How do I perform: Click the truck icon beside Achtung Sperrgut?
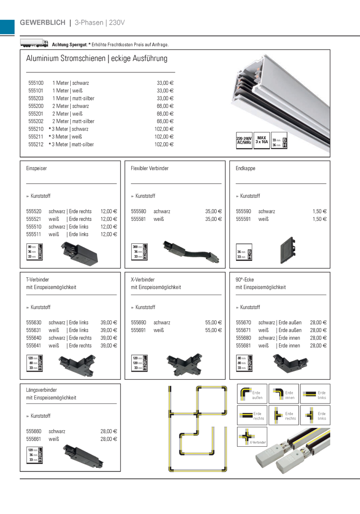point(34,43)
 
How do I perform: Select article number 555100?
point(36,83)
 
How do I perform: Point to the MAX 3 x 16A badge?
point(261,140)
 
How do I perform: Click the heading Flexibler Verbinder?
point(150,169)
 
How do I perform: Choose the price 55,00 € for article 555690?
point(213,322)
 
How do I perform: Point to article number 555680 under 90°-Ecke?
point(243,338)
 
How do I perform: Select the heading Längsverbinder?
point(42,390)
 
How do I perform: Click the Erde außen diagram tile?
point(252,394)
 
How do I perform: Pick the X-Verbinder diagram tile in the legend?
point(252,437)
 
